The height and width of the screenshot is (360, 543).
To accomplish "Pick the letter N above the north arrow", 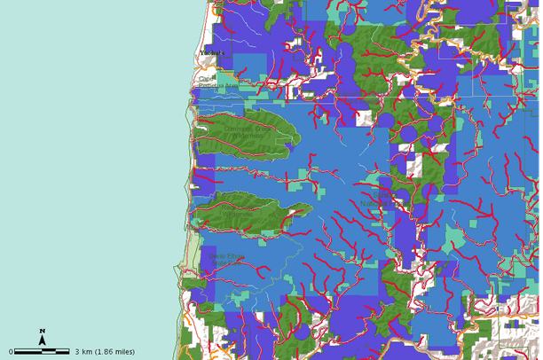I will (x=42, y=331).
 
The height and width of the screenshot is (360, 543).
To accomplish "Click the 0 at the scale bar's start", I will (x=12, y=351).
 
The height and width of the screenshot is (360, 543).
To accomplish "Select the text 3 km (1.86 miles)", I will (x=106, y=351).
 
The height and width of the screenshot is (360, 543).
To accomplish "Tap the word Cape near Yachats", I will (x=207, y=78).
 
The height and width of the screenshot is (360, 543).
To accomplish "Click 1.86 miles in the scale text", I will (x=117, y=351).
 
